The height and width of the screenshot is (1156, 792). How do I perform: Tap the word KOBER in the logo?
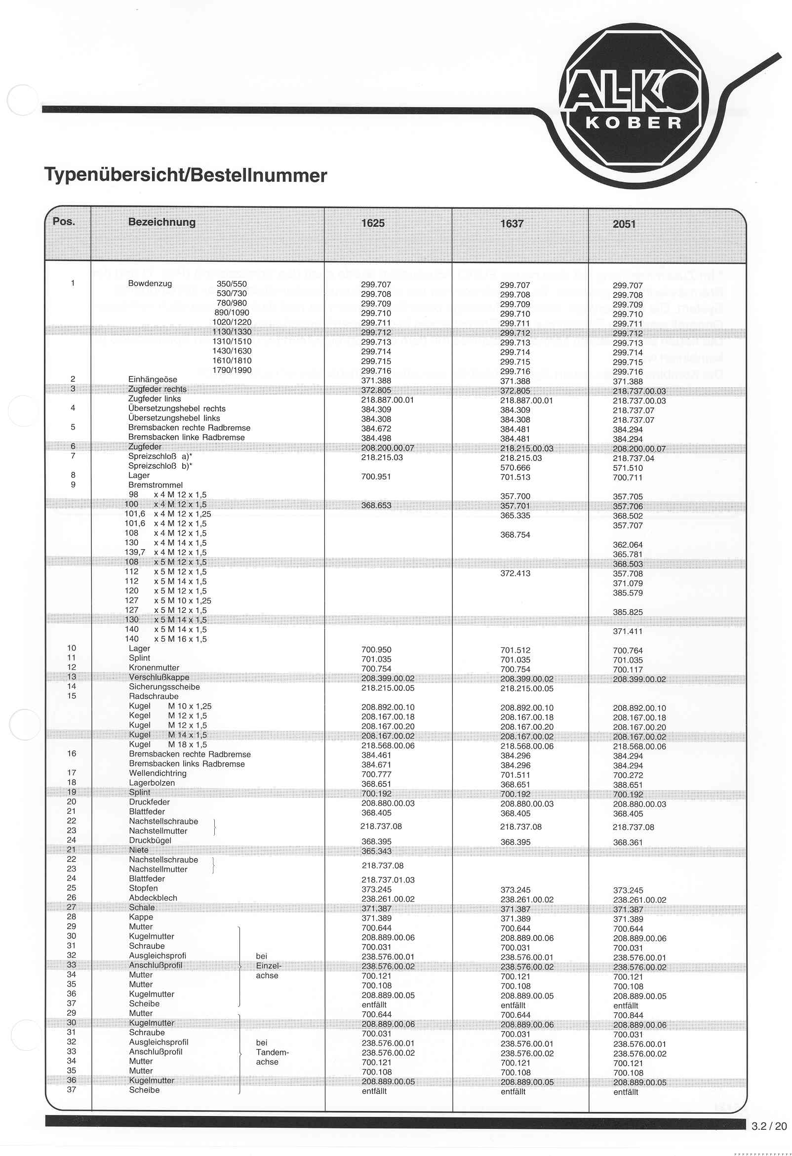[x=634, y=123]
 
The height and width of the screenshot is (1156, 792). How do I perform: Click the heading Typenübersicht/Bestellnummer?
[x=186, y=175]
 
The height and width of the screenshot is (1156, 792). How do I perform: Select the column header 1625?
[x=373, y=223]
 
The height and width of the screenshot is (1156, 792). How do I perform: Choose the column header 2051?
[x=624, y=224]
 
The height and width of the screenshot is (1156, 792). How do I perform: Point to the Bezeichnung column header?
[x=161, y=222]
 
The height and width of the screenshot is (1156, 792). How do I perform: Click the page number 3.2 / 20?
[x=769, y=1126]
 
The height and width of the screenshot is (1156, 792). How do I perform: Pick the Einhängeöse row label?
[x=152, y=380]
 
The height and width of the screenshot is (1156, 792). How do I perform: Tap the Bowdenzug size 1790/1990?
[x=232, y=370]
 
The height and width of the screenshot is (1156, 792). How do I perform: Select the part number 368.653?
[x=376, y=505]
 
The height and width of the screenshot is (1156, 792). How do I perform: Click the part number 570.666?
[x=515, y=468]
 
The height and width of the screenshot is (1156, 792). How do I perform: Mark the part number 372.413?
[x=515, y=573]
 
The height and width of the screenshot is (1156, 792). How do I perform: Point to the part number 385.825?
[x=628, y=612]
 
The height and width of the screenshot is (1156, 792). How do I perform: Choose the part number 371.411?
[x=628, y=632]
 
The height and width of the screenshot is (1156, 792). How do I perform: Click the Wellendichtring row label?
[x=158, y=773]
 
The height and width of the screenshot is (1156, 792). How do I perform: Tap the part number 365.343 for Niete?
[x=376, y=852]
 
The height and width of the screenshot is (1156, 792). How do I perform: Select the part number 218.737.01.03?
[x=388, y=880]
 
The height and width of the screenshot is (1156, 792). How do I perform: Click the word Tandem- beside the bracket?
[x=272, y=1052]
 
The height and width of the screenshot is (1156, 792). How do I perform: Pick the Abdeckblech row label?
[x=153, y=898]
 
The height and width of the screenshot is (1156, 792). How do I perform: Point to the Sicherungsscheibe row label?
[x=164, y=687]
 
